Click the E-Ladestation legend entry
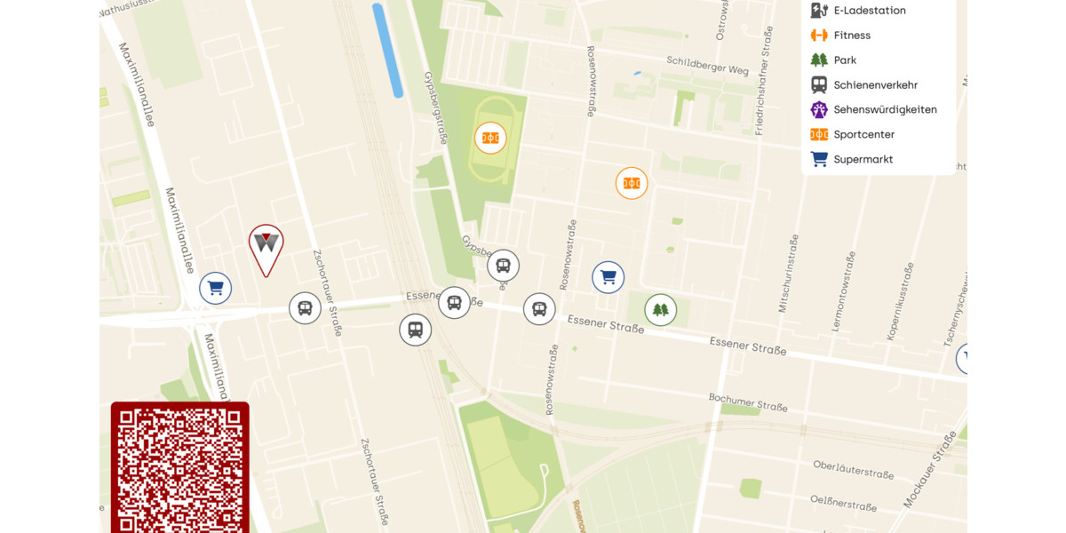tap(869, 11)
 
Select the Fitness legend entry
tap(851, 36)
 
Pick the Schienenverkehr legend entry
tap(875, 85)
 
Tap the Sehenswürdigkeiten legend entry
tap(884, 110)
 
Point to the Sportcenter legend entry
tap(863, 135)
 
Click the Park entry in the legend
tap(844, 60)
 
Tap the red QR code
tap(179, 468)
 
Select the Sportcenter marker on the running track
tap(490, 138)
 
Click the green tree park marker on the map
tap(660, 310)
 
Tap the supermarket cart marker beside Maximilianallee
tap(215, 288)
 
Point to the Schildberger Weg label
tap(707, 65)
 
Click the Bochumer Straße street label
tap(748, 402)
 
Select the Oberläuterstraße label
tap(853, 469)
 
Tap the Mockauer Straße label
tap(930, 470)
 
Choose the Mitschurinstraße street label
tap(788, 274)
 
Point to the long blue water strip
tap(387, 50)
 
